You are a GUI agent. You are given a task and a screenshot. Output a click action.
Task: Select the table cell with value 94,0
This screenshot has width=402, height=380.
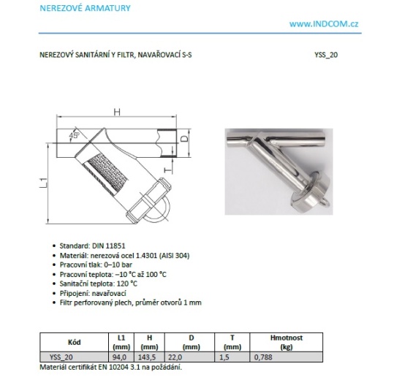click(119, 357)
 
